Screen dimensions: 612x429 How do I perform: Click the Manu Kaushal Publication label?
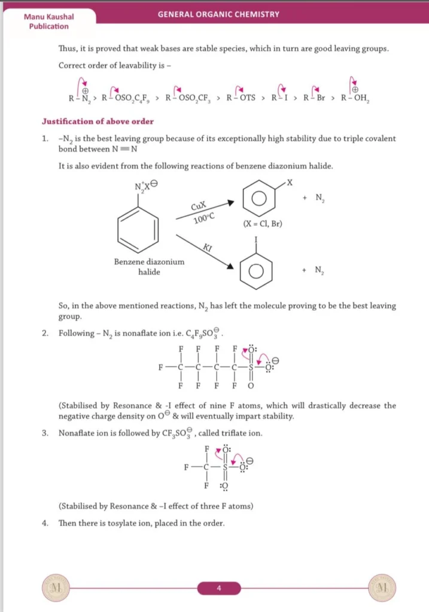tap(46, 22)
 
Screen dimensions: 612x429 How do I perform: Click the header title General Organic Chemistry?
tap(218, 14)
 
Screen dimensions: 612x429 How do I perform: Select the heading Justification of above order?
tap(98, 121)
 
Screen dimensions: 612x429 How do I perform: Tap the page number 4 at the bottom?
tap(219, 589)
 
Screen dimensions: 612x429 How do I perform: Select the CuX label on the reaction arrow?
tap(199, 207)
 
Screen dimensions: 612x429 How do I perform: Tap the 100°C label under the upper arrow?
tap(203, 219)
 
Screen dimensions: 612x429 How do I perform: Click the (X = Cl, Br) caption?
tap(263, 224)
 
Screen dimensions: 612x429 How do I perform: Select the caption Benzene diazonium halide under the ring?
tap(149, 267)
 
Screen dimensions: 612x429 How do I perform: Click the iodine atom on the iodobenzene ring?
tap(256, 241)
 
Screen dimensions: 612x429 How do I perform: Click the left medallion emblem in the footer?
tap(56, 588)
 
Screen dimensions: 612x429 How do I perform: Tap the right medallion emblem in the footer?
tap(382, 588)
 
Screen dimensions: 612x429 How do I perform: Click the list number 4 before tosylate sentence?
tap(45, 523)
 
